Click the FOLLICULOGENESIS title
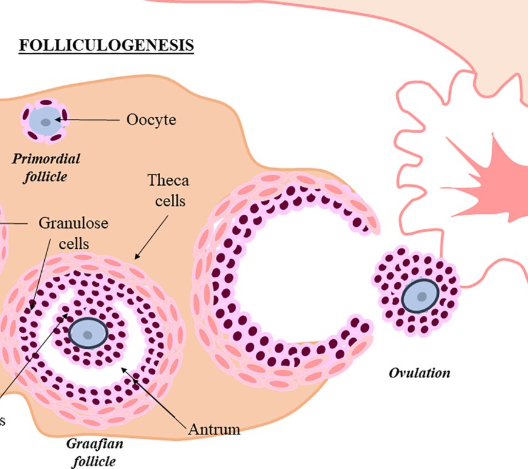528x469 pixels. pos(106,46)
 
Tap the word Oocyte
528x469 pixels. pos(151,120)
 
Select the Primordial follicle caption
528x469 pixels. pos(46,168)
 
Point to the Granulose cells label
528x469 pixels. pos(73,232)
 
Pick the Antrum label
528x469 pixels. pos(214,430)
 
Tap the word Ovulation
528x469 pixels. pos(419,372)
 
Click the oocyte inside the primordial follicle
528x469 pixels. pos(46,122)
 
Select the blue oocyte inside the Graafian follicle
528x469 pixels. pos(89,333)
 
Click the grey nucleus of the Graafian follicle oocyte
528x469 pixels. pos(89,334)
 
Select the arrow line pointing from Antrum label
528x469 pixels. pos(155,397)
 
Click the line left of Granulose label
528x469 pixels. pos(15,223)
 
